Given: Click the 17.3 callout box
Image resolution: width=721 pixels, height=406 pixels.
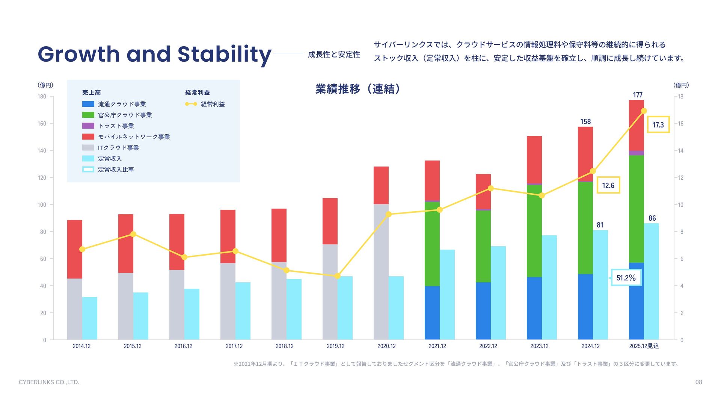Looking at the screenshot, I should point(658,125).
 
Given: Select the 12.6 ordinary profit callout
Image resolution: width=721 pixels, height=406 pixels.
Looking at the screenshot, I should point(608,185).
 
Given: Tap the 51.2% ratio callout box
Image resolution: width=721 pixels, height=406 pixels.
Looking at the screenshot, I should point(626,278).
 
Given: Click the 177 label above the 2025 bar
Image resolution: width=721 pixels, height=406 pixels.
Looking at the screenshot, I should point(638,95).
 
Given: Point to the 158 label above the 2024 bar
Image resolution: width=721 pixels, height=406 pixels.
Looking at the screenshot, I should point(585,122).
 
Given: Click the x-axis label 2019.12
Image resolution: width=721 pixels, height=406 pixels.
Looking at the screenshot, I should point(335,346).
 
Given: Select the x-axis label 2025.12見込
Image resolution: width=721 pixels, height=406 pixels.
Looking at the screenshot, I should point(644,346).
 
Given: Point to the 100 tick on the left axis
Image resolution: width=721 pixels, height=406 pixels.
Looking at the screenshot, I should point(42,205).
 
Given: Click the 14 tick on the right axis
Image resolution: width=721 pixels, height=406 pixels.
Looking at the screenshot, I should point(680,151).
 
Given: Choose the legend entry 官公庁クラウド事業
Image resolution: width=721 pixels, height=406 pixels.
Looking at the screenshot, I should point(125,115).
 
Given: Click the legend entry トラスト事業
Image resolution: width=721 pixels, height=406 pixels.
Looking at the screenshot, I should point(116,126).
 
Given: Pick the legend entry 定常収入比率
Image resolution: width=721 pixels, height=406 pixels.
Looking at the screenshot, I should point(116,170).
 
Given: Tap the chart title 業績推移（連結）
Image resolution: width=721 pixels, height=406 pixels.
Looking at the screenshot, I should point(359,89).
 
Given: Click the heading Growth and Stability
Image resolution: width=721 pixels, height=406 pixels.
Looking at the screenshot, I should point(154,54).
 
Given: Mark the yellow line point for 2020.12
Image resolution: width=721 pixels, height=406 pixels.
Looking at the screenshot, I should point(389,214).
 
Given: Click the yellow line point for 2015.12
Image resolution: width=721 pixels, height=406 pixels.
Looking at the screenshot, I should point(133,234).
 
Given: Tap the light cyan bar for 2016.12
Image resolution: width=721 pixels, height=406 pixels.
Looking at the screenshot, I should point(192,314).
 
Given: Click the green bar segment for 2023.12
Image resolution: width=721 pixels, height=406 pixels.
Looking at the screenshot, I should point(534,231).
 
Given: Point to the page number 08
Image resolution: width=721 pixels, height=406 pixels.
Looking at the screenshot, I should point(698,382).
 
